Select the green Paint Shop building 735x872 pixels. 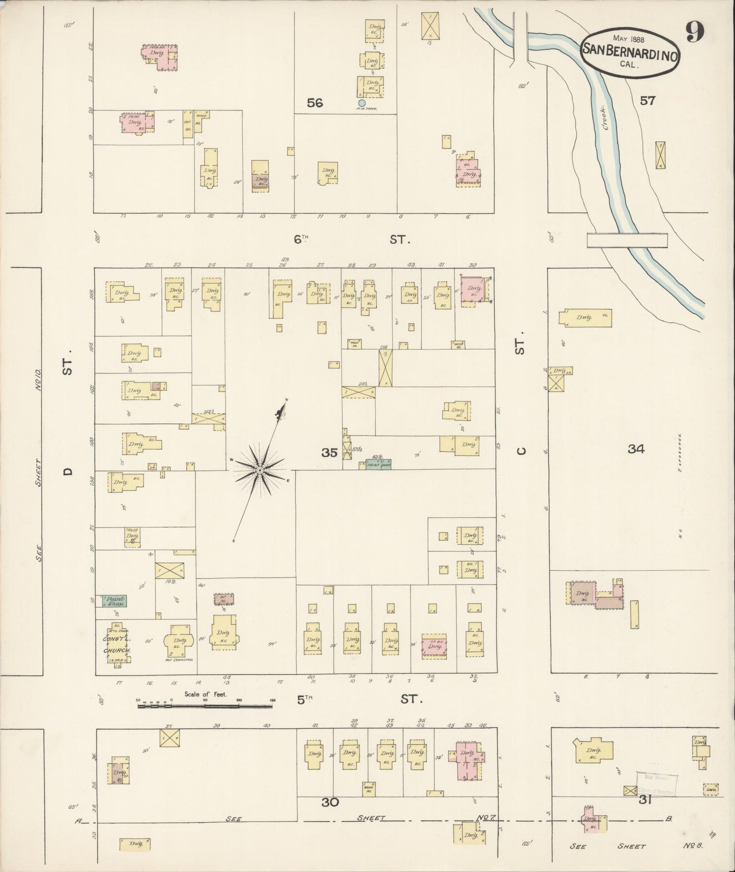pyautogui.click(x=115, y=601)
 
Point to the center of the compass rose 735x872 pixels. pyautogui.click(x=260, y=470)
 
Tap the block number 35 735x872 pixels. pyautogui.click(x=329, y=452)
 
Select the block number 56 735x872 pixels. pyautogui.click(x=315, y=103)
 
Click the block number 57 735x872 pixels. pyautogui.click(x=647, y=101)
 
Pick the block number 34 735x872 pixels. pyautogui.click(x=636, y=449)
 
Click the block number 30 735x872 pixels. pyautogui.click(x=330, y=802)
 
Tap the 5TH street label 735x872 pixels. pyautogui.click(x=304, y=700)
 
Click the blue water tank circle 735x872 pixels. pyautogui.click(x=362, y=103)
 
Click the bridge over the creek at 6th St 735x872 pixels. pyautogui.click(x=627, y=240)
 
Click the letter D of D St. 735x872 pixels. pyautogui.click(x=68, y=472)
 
